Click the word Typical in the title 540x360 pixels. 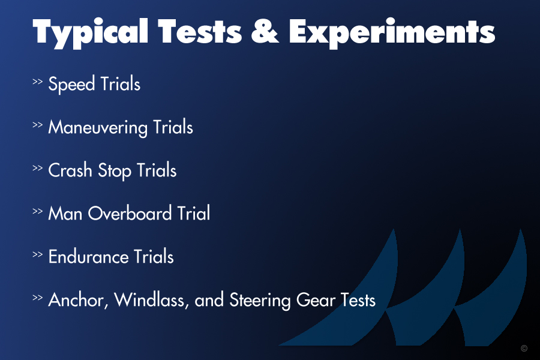pos(91,33)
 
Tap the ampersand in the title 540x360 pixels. pos(265,31)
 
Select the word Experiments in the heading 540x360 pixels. pos(392,33)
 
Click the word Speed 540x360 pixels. pos(71,84)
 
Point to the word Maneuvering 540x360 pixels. pos(98,127)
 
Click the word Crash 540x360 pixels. pos(70,170)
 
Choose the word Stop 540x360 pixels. pos(115,170)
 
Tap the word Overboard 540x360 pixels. pos(130,213)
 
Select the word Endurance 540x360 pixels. pos(89,257)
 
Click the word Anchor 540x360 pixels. pos(78,300)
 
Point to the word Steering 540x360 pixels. pos(260,301)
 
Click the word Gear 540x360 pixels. pos(316,300)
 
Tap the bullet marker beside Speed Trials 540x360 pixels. pos(38,82)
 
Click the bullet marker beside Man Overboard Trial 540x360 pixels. pos(38,211)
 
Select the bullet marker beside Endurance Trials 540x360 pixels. pos(38,254)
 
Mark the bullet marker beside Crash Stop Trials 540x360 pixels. pos(38,168)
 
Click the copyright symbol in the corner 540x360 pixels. pos(524,348)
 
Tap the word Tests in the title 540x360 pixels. pos(200,31)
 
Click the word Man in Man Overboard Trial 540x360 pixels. pos(65,213)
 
